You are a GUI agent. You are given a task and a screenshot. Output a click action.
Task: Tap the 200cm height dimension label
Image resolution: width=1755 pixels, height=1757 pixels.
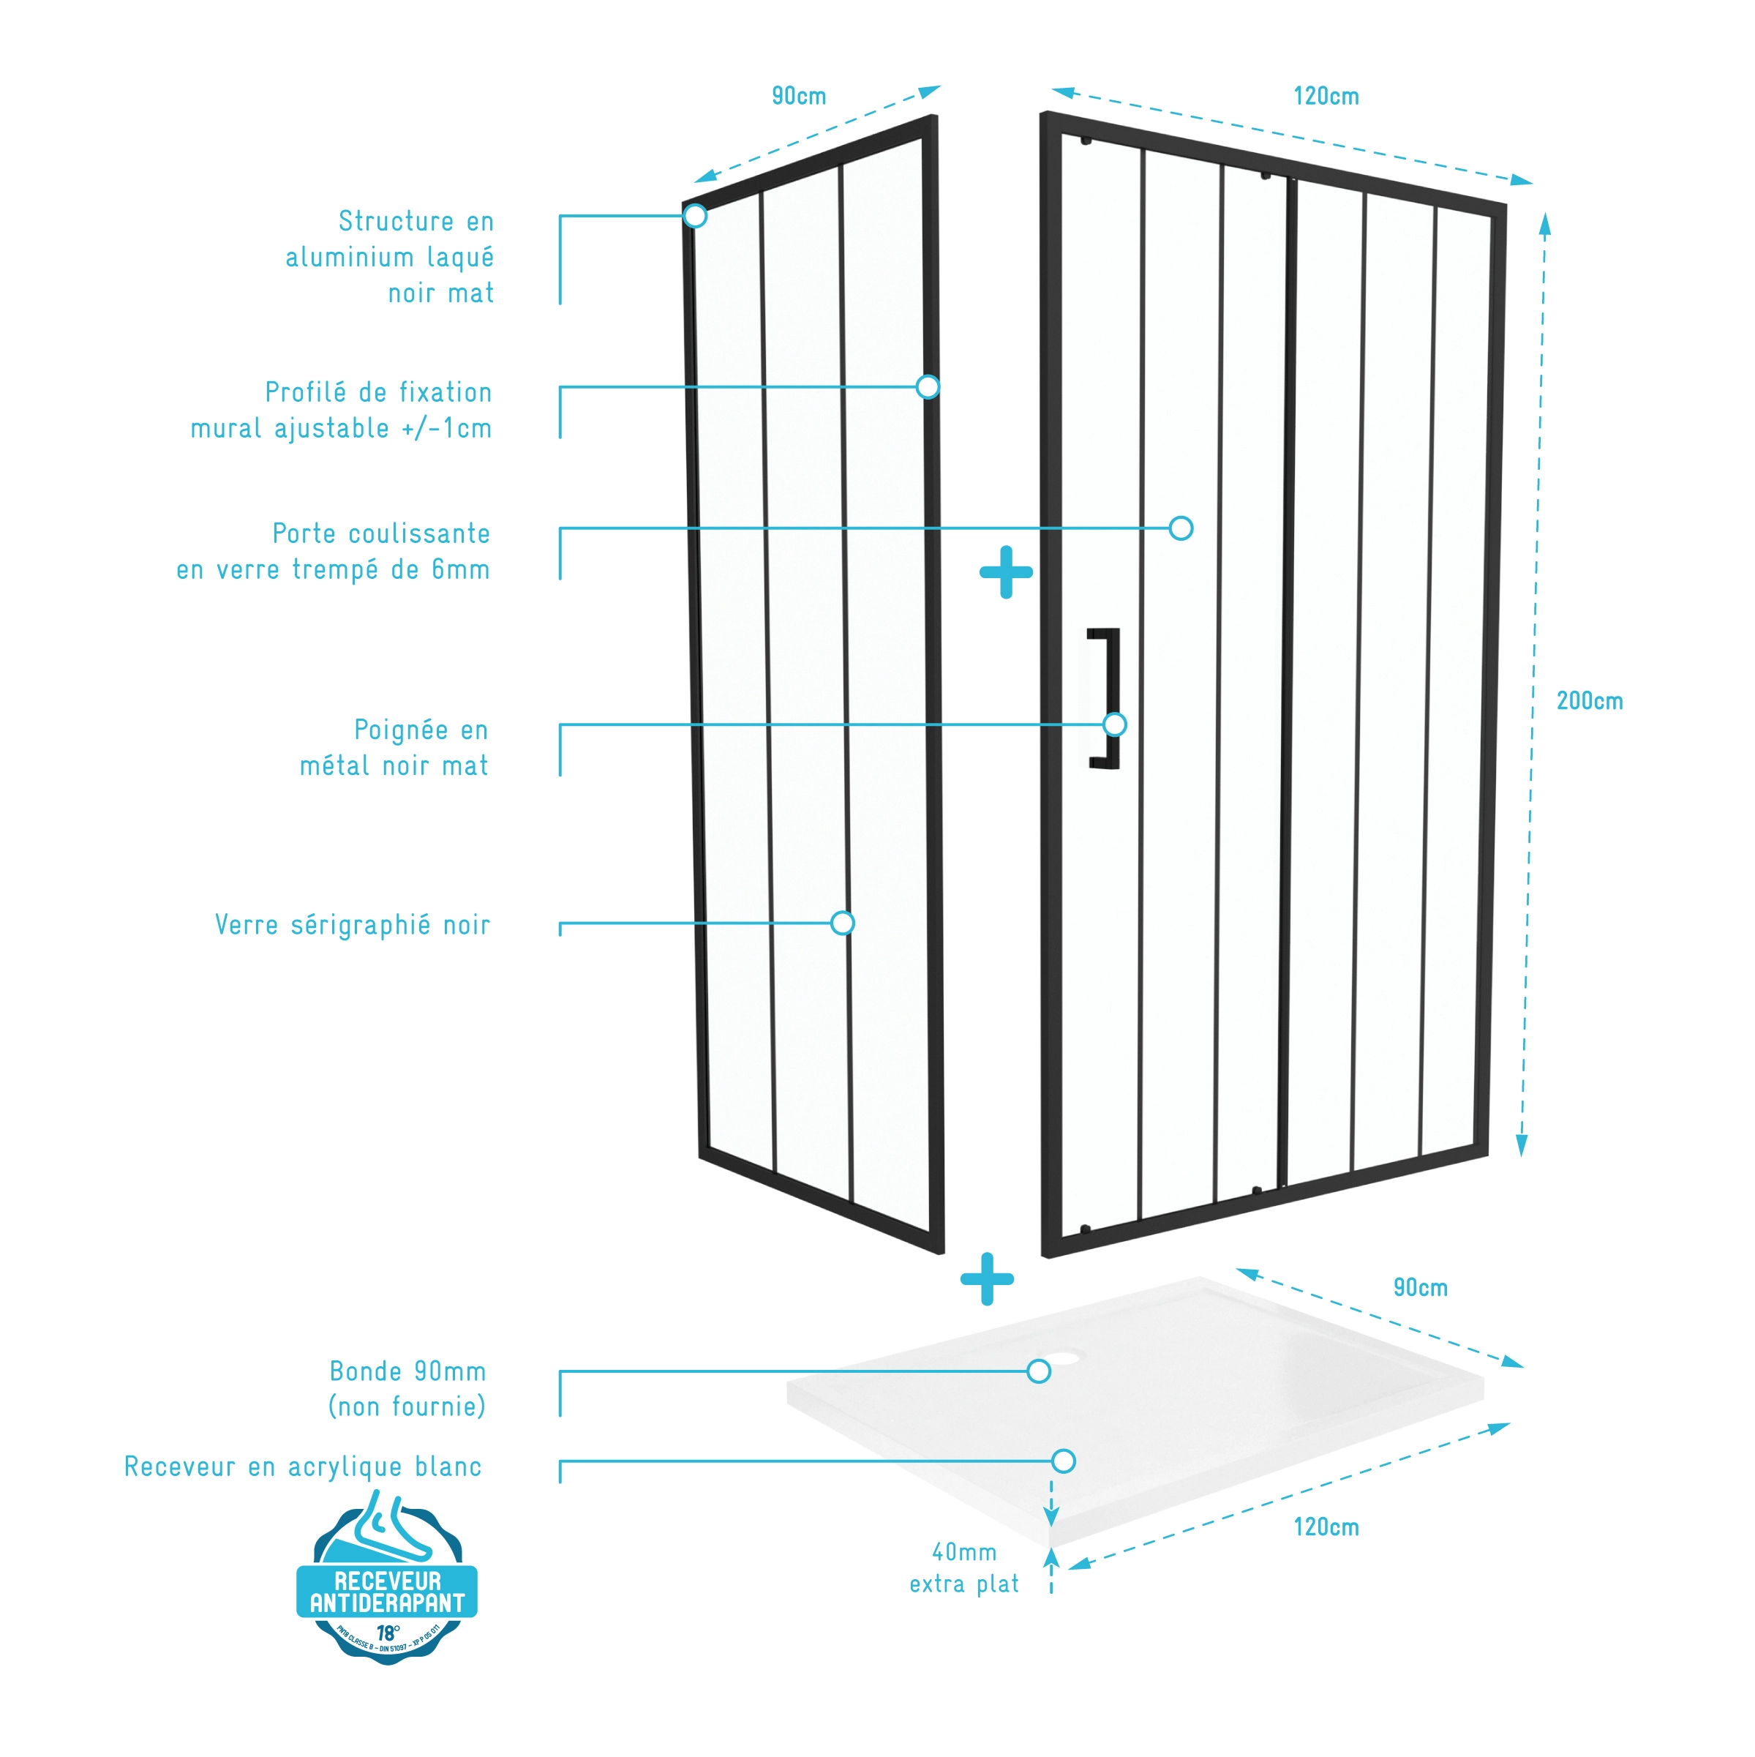click(x=1589, y=701)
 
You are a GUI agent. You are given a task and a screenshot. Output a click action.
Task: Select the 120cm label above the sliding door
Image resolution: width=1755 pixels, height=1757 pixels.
click(x=1325, y=97)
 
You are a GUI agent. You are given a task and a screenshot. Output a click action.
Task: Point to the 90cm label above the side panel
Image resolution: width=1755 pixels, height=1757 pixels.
click(x=798, y=97)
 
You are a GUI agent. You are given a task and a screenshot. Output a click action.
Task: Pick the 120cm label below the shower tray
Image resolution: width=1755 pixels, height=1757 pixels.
click(x=1325, y=1527)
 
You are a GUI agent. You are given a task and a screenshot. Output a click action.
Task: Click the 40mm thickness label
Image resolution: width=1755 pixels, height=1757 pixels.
click(x=964, y=1551)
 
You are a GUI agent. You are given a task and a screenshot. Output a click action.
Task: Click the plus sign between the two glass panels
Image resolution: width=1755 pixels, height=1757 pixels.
click(x=1006, y=572)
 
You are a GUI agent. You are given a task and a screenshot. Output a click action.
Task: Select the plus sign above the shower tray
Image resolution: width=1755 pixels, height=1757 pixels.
click(x=987, y=1278)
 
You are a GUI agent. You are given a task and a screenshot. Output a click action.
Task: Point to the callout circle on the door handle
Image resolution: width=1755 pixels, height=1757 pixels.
click(x=1115, y=724)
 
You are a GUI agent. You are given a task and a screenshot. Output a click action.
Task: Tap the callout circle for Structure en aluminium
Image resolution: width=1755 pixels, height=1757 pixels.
click(x=696, y=216)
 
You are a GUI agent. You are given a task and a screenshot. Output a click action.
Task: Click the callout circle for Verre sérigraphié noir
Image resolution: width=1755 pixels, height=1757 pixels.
click(x=843, y=923)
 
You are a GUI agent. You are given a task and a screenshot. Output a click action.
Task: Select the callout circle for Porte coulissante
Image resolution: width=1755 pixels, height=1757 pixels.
click(x=1180, y=528)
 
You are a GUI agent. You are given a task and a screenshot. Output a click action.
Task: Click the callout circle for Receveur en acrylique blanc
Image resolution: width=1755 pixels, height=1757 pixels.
click(x=1064, y=1461)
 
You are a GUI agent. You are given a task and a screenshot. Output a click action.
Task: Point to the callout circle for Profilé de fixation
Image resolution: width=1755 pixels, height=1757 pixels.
click(x=928, y=386)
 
